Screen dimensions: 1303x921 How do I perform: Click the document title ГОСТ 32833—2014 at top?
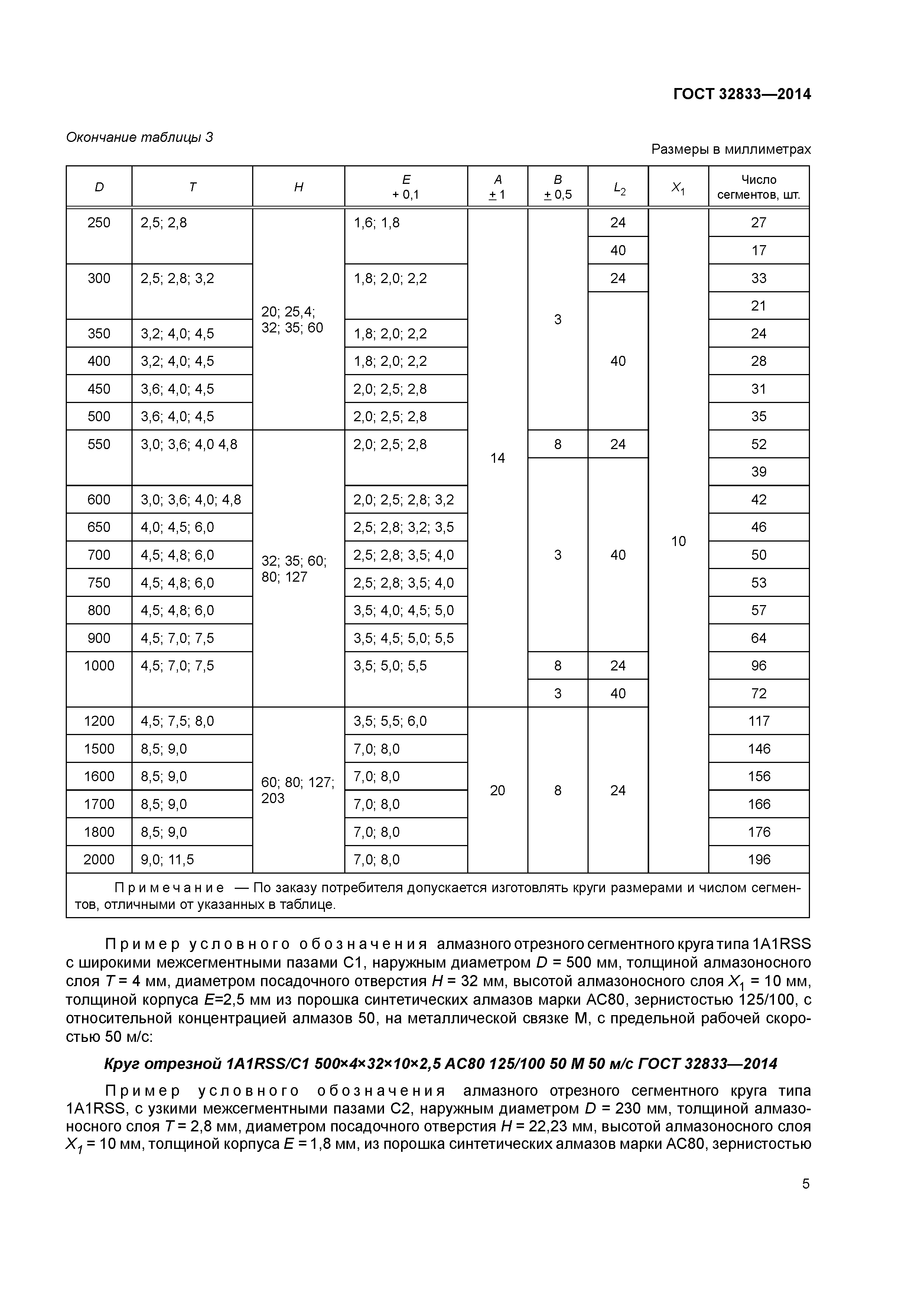[x=742, y=94]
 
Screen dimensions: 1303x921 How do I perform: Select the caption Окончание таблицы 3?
[x=140, y=137]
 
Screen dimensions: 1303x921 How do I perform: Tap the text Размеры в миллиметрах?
[x=731, y=149]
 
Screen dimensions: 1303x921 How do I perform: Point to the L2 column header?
[x=618, y=187]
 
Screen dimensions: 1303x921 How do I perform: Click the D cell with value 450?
[x=99, y=389]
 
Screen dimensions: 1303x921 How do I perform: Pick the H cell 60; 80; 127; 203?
[x=297, y=790]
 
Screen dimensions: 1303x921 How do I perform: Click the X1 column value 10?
[x=678, y=542]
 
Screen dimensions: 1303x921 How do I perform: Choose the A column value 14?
[x=497, y=458]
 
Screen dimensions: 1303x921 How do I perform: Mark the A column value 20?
[x=497, y=790]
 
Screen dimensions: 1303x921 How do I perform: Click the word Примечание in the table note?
[x=169, y=888]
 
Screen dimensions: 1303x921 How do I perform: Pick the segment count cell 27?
[x=759, y=222]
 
